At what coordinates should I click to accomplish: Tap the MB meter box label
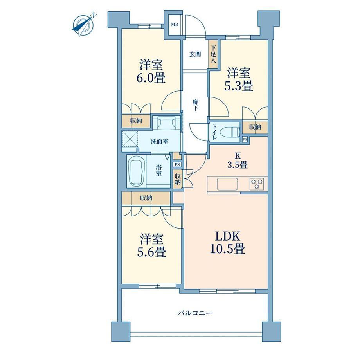[174, 25]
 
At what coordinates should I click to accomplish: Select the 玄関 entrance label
[195, 54]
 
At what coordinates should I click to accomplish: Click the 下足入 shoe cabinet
[213, 54]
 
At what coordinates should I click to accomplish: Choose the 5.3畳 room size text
[239, 86]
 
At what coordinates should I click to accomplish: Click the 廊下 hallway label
[195, 105]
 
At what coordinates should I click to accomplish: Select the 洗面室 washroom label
[159, 142]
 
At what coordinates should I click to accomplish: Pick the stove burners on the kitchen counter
[257, 184]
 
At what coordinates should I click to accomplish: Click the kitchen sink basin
[227, 184]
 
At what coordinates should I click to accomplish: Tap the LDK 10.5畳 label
[227, 243]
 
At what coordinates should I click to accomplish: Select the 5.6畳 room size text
[151, 252]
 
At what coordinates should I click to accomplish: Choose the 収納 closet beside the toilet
[255, 127]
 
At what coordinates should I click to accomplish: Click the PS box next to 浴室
[177, 164]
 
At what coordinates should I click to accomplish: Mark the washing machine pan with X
[130, 139]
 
